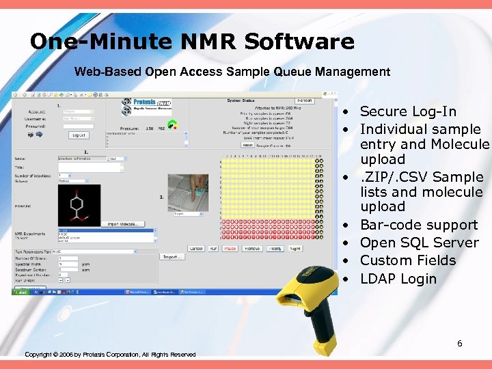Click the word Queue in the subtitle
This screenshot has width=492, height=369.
298,72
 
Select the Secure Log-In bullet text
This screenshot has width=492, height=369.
408,111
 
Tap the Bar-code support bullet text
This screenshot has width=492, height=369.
418,225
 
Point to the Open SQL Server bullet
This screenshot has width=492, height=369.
418,243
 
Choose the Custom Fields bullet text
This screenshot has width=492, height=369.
407,260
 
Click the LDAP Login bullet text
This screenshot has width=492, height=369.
398,278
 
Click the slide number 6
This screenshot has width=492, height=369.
460,343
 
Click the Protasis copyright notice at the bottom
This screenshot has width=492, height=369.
110,354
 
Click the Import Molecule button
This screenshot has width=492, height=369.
123,223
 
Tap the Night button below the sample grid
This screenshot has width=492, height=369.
296,249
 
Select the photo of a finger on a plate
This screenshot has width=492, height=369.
188,193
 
